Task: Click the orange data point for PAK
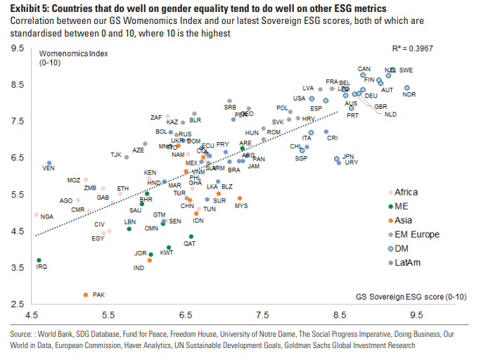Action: click(86, 295)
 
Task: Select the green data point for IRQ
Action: click(39, 260)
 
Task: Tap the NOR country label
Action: click(409, 95)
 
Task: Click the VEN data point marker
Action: click(49, 163)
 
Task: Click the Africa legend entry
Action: click(406, 193)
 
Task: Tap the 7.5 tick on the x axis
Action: click(262, 315)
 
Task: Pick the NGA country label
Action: click(47, 217)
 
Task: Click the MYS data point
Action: click(239, 199)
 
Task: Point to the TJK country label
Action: click(116, 155)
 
